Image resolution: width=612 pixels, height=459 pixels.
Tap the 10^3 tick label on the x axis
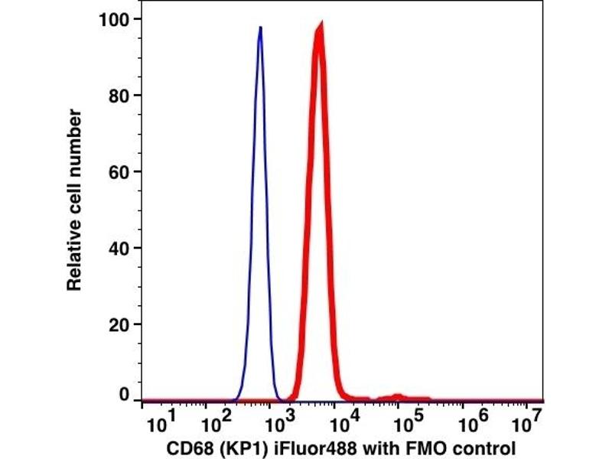click(282, 419)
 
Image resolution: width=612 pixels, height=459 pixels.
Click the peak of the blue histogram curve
click(260, 28)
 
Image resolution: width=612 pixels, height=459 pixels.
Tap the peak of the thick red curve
click(320, 27)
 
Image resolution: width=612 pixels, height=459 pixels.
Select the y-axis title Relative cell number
click(74, 199)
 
